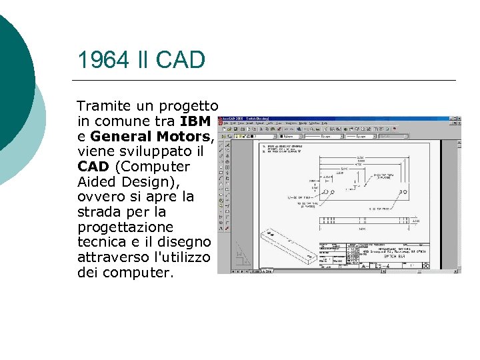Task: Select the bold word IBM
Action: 195,121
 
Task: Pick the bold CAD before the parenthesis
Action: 92,167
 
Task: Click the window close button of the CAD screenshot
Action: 458,117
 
